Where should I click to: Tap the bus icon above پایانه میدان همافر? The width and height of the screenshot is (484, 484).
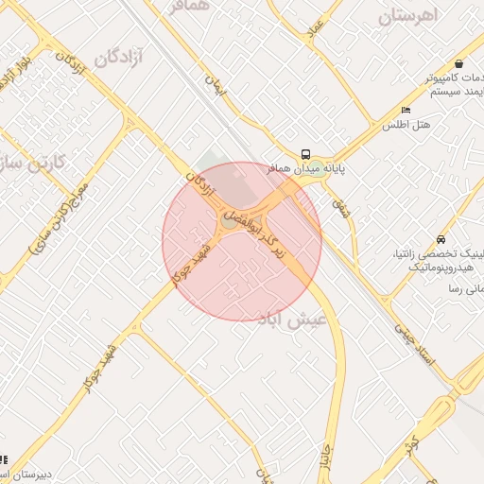click(305, 154)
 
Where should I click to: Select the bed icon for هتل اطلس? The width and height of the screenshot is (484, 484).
click(406, 110)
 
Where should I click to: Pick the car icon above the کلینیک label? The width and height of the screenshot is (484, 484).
click(441, 239)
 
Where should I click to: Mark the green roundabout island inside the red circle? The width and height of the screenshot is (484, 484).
click(229, 221)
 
